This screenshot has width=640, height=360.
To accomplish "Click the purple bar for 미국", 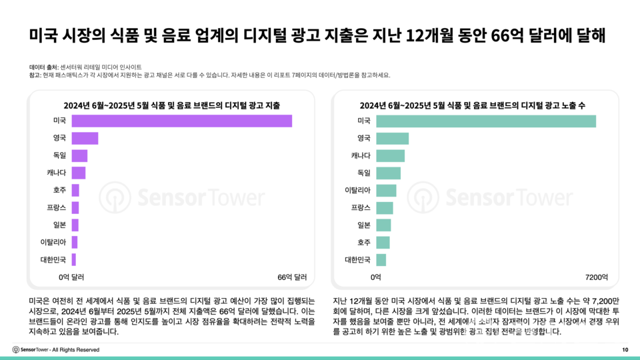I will tap(181, 121).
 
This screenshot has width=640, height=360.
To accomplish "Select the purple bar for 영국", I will tap(85, 138).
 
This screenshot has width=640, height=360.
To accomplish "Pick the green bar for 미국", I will tap(485, 121).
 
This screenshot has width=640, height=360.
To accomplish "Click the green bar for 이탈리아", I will tap(386, 190).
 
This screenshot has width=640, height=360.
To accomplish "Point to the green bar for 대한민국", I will tap(381, 259).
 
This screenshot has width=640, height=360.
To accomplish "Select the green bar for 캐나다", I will tap(390, 155).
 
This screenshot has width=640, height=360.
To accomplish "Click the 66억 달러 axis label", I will tap(291, 276).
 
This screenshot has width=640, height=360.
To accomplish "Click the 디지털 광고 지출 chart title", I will tap(171, 105).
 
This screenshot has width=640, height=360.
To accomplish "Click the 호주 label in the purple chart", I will tap(59, 190).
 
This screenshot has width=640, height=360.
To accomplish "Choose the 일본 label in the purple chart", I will tap(59, 225).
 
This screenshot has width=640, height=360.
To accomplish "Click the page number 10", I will tap(625, 350).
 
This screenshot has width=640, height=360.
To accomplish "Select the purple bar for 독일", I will tap(79, 155).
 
